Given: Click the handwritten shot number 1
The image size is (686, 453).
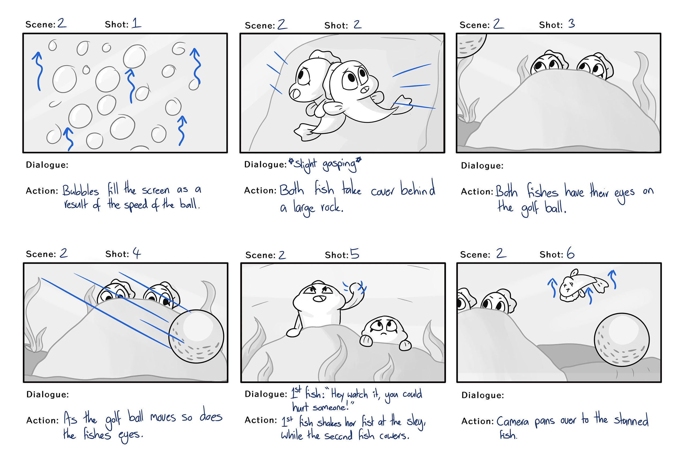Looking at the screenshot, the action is pyautogui.click(x=137, y=23).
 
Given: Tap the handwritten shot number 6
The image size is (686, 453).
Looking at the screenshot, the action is pyautogui.click(x=571, y=253).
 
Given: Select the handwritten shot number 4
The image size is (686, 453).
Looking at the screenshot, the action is pyautogui.click(x=137, y=253).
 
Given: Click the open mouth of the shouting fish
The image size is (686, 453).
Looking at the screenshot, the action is pyautogui.click(x=319, y=299).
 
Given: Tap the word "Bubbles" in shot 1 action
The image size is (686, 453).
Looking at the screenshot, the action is pyautogui.click(x=81, y=191).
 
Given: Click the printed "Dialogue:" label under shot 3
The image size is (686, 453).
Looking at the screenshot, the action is pyautogui.click(x=482, y=166).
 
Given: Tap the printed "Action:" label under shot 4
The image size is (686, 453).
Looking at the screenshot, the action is pyautogui.click(x=42, y=420).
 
